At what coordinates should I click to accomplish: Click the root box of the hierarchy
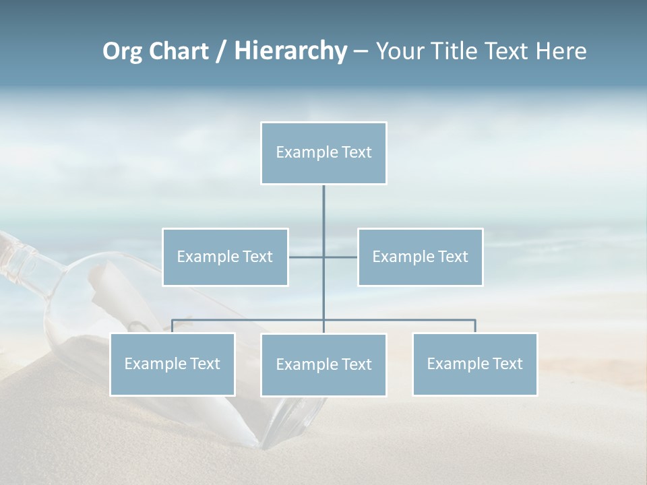tap(323, 153)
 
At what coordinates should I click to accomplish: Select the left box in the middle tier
tap(225, 257)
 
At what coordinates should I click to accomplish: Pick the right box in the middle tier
tap(421, 257)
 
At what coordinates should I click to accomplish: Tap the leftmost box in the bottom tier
tap(173, 364)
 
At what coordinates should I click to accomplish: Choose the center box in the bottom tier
tap(323, 364)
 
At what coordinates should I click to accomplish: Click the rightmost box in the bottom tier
tap(475, 364)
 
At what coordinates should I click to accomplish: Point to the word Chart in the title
tap(178, 51)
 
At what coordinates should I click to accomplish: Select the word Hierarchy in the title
tap(290, 51)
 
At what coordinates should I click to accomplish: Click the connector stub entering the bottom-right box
tap(475, 326)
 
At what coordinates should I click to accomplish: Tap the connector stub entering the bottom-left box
tap(173, 326)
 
